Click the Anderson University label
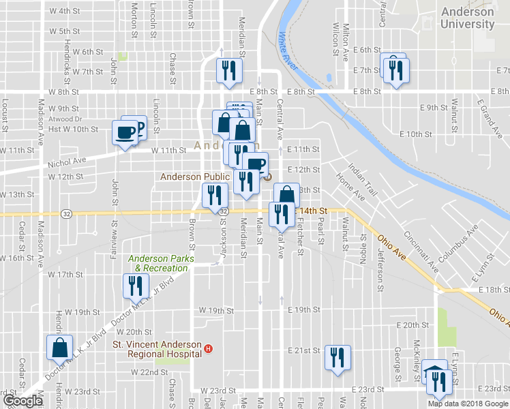pyautogui.click(x=467, y=18)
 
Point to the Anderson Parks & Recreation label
pyautogui.click(x=162, y=263)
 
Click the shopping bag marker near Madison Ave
pyautogui.click(x=59, y=347)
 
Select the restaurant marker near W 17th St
pyautogui.click(x=134, y=285)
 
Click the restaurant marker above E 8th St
pyautogui.click(x=229, y=71)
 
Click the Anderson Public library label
pyautogui.click(x=194, y=177)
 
